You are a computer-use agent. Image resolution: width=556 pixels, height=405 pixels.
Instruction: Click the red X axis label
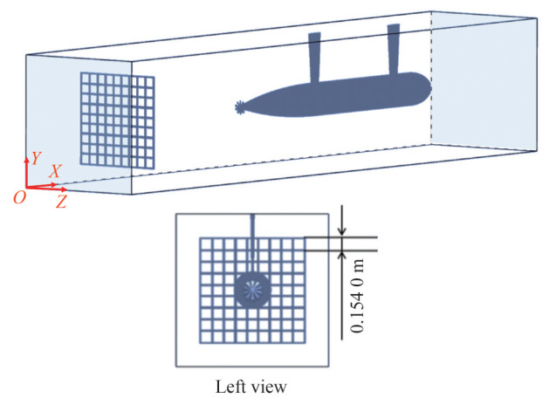54,173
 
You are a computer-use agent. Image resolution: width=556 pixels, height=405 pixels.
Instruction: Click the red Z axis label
61,202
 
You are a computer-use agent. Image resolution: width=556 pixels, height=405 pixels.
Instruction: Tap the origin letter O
18,198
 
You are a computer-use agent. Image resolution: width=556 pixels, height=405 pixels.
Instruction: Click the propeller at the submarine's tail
241,107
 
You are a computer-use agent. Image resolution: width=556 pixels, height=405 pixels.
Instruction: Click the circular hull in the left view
253,287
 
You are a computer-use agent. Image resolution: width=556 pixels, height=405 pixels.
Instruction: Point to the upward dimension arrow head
343,255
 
